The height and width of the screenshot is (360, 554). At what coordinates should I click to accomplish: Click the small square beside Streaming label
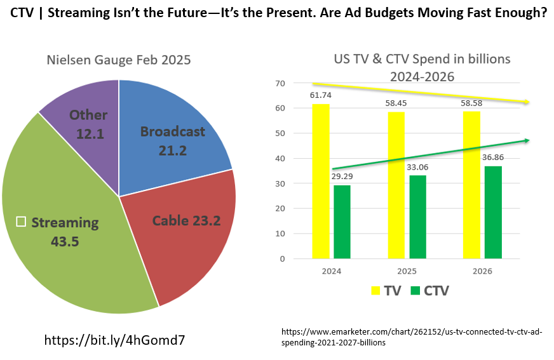click(x=21, y=222)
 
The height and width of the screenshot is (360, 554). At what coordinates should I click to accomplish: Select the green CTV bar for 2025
click(x=417, y=217)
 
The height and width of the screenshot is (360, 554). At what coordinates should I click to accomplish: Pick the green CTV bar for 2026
click(x=494, y=212)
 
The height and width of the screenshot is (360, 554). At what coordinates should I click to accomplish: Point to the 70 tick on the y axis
click(x=280, y=83)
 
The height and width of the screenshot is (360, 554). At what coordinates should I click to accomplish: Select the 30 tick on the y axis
click(x=280, y=183)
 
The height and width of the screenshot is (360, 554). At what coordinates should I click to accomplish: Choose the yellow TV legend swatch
click(x=376, y=291)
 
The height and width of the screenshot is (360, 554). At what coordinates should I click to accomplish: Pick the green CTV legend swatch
click(x=416, y=291)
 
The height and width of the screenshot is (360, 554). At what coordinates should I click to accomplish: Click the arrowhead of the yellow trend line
click(x=527, y=102)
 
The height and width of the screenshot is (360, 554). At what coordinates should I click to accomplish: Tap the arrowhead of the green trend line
click(x=527, y=140)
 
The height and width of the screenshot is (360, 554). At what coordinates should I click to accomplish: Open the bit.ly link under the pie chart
click(x=114, y=340)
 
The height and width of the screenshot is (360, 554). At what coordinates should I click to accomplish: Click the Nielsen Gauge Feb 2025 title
click(x=119, y=60)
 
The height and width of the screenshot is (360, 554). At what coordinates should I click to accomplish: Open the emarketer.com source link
click(x=412, y=337)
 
